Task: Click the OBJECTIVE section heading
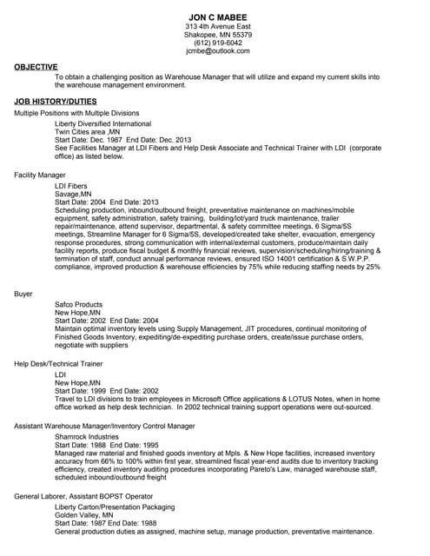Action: coord(36,67)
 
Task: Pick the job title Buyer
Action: coord(24,294)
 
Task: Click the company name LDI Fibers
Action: coord(71,186)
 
